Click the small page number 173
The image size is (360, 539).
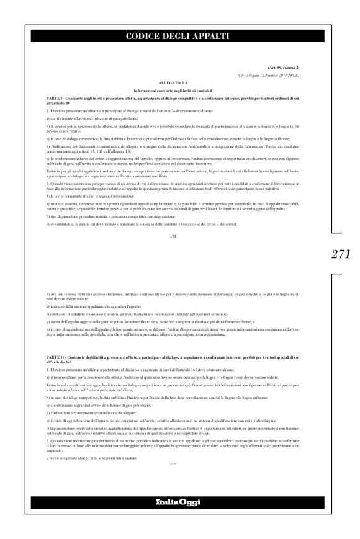[x=181, y=236]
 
